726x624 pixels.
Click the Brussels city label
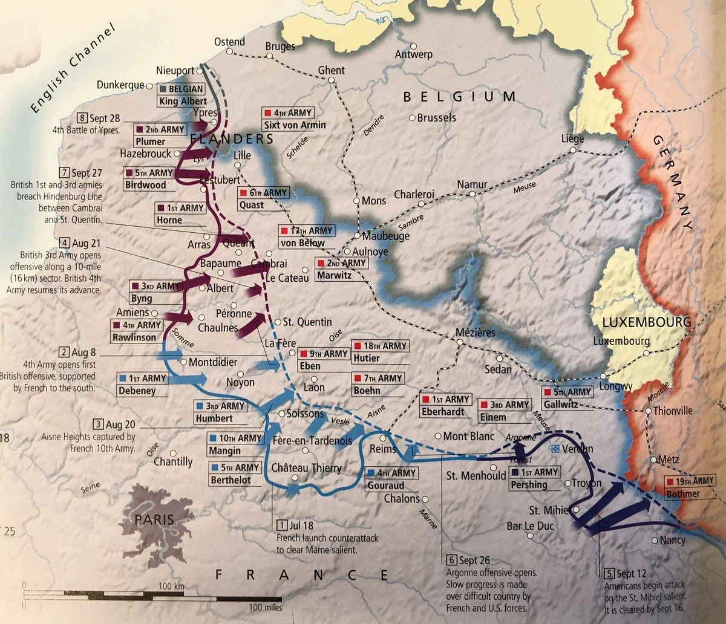[437, 117]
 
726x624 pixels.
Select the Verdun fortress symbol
[555, 449]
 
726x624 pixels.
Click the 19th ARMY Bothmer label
[690, 487]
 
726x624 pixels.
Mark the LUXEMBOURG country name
[642, 322]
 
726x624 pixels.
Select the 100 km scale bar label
[171, 587]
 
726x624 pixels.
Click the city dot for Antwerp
[414, 46]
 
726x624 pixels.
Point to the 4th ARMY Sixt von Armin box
[294, 119]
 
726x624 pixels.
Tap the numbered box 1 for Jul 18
[281, 525]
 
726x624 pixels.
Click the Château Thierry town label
[306, 468]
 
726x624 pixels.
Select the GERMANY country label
[672, 182]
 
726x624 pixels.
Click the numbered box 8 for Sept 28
[83, 118]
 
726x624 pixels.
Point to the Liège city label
[572, 138]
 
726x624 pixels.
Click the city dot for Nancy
[655, 540]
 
